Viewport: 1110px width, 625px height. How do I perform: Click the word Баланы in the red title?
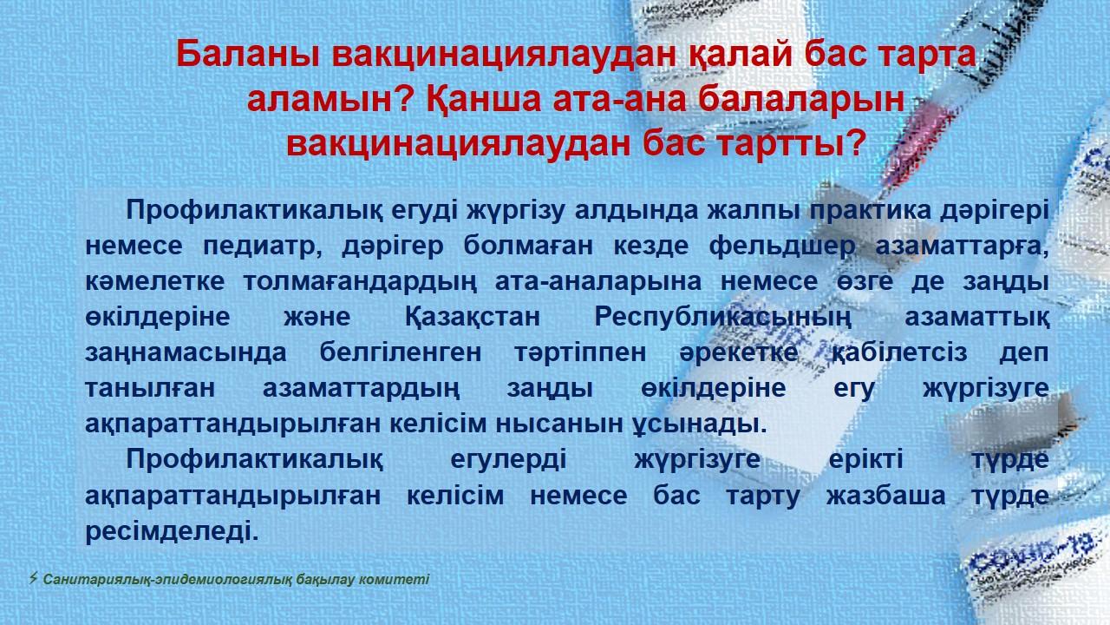(x=247, y=54)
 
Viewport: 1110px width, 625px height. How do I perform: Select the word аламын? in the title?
(x=330, y=99)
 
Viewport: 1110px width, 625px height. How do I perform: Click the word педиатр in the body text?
(x=262, y=246)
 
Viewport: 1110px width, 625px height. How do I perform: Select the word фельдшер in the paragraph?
(x=782, y=246)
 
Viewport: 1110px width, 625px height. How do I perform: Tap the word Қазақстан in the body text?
(x=473, y=318)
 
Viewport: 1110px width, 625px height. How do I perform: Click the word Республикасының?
(x=722, y=318)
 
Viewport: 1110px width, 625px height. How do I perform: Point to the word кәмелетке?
(x=154, y=282)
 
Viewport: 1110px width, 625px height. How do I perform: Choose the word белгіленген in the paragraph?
(x=401, y=353)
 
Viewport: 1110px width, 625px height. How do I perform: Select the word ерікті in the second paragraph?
(x=865, y=460)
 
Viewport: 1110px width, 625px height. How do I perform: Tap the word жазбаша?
(x=885, y=496)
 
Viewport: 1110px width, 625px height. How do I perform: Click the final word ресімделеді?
(x=172, y=531)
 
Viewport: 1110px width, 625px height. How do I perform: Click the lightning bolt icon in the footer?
(x=33, y=578)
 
